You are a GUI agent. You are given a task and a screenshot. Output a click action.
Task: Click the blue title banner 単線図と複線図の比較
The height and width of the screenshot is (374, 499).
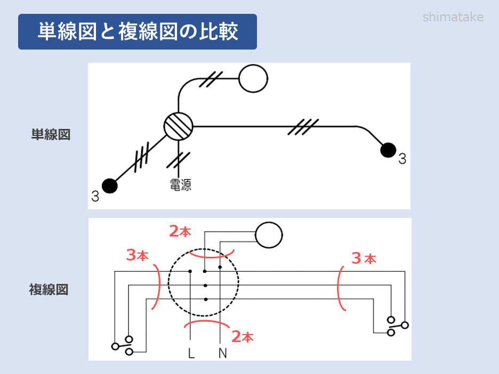138,32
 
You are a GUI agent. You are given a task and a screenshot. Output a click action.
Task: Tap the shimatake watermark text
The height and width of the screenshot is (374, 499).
453,17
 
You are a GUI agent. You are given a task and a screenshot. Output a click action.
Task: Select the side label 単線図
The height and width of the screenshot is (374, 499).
51,135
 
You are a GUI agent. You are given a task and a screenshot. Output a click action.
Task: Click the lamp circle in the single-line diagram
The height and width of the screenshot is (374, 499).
253,78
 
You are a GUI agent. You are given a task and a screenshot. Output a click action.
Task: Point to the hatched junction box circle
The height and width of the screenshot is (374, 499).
178,127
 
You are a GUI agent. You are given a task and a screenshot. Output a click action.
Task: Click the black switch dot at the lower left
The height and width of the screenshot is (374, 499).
110,185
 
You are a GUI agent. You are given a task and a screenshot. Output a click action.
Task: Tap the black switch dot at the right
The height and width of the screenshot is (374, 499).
389,151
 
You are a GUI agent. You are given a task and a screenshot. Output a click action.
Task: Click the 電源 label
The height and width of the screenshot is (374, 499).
180,185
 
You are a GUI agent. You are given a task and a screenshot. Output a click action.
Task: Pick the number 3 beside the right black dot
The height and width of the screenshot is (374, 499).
402,159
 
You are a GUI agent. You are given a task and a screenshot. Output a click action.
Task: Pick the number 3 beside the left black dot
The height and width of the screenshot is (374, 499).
95,196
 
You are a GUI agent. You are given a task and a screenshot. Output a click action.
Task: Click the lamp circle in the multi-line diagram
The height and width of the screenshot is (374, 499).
269,235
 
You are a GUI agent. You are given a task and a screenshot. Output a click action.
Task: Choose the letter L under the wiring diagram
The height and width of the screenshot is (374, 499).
191,352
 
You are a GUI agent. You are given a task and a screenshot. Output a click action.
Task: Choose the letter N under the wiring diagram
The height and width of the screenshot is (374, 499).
222,352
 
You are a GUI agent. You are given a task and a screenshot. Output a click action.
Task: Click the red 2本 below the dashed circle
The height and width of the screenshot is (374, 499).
242,336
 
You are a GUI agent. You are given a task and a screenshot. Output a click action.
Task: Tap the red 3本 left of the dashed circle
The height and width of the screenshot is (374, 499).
137,256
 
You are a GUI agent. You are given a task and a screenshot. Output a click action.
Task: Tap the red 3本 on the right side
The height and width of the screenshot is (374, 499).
364,258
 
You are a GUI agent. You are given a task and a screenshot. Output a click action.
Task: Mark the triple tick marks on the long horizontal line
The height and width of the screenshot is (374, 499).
304,127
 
